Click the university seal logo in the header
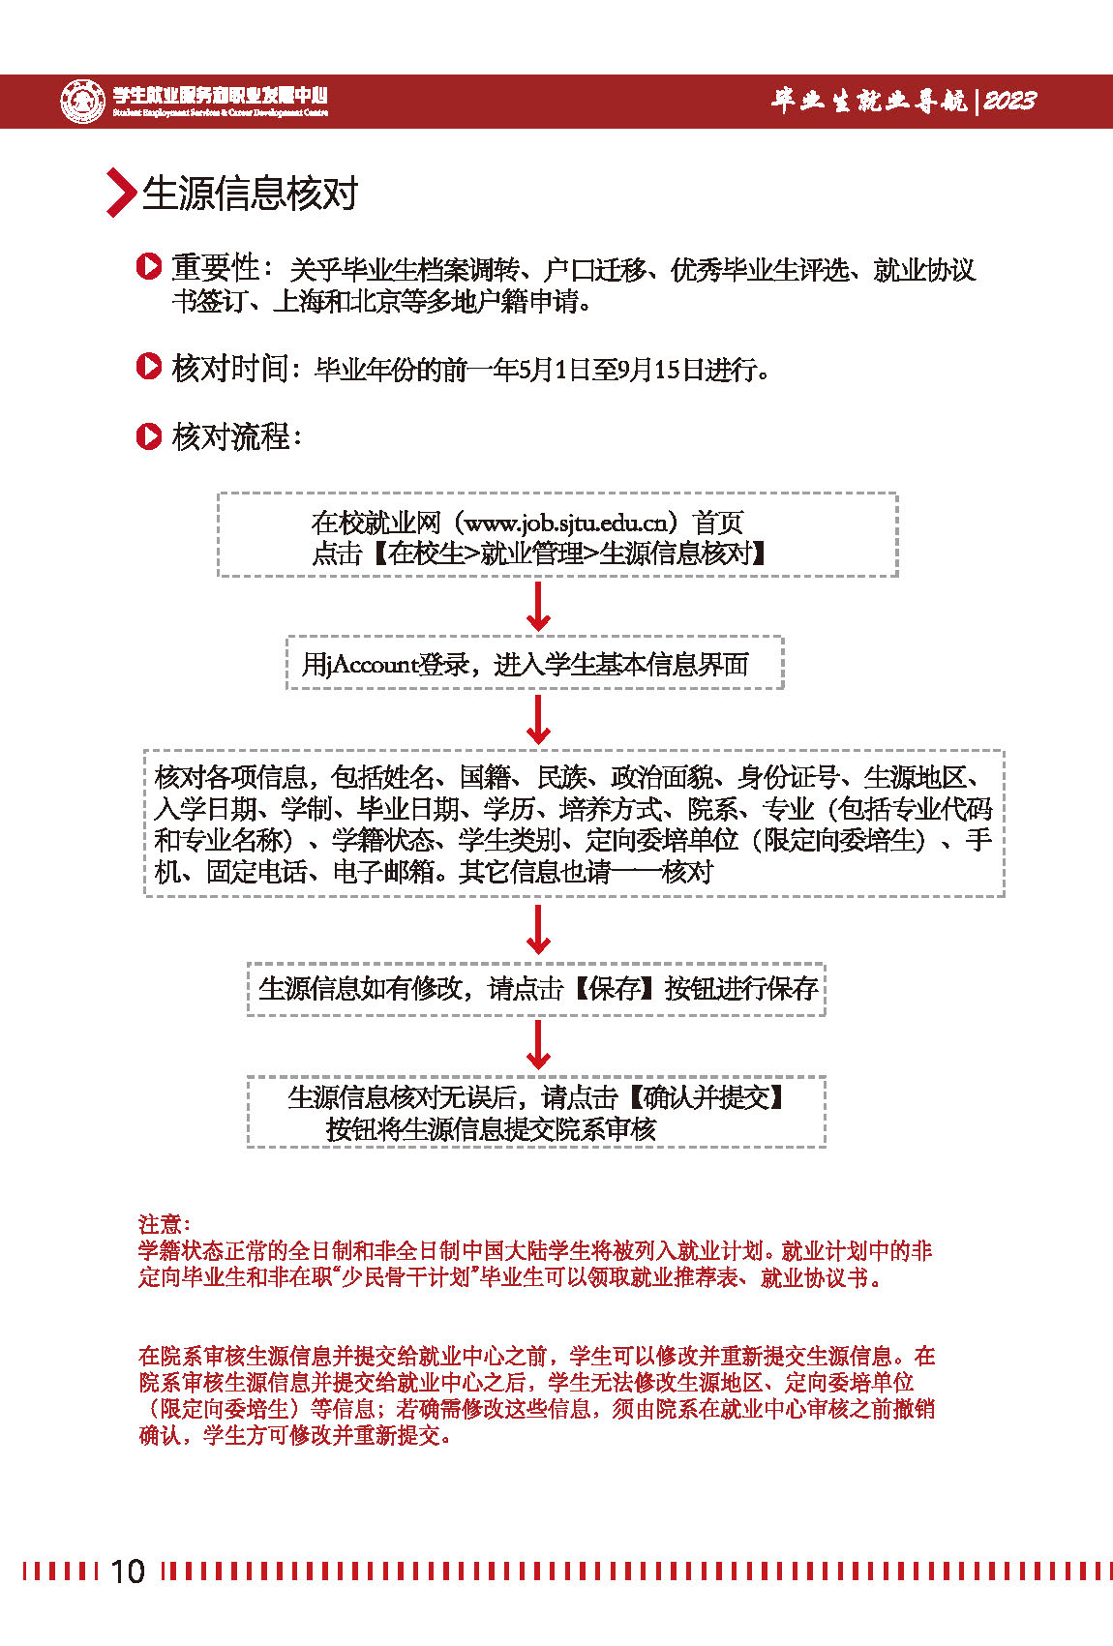pos(82,101)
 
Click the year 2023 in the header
pos(1009,101)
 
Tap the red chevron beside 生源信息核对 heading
pos(120,193)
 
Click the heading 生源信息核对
pos(250,194)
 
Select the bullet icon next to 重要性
pos(148,266)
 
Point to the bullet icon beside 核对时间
pos(148,367)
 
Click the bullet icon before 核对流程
pos(148,436)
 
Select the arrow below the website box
pos(538,607)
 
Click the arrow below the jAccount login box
pos(538,719)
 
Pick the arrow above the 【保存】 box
pos(538,930)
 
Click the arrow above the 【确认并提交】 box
pos(538,1045)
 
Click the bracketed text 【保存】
pos(615,988)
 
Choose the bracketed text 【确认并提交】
pos(707,1097)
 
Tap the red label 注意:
pos(165,1224)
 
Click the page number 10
pos(127,1570)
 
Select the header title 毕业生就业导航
pos(869,101)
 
